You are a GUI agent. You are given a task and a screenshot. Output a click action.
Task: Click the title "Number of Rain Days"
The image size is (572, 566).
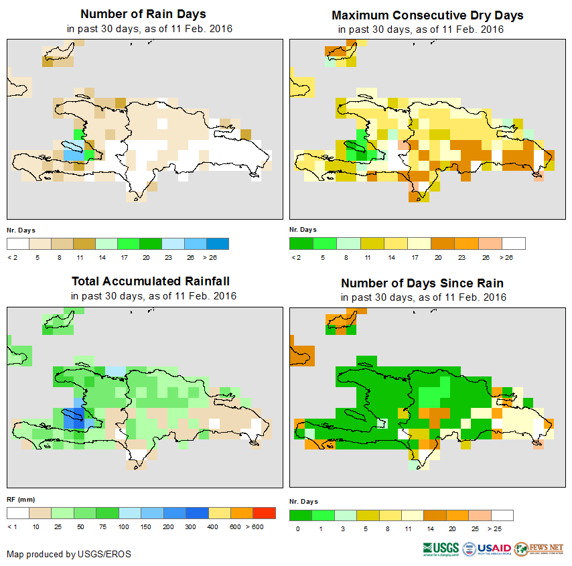(143, 14)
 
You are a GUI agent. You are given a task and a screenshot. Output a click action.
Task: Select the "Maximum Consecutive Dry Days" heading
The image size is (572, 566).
(427, 15)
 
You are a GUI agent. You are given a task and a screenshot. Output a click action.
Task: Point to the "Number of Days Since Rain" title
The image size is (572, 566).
(422, 283)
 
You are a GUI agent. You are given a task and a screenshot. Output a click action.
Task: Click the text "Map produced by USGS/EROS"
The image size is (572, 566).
(69, 554)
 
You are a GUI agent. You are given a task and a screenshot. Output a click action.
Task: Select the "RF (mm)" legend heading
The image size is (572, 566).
(21, 499)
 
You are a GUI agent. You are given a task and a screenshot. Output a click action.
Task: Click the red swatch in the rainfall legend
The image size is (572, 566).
(265, 513)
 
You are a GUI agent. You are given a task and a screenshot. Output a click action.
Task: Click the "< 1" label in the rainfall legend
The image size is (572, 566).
(12, 527)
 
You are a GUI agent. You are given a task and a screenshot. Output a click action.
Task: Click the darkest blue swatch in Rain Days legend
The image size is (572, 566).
(217, 243)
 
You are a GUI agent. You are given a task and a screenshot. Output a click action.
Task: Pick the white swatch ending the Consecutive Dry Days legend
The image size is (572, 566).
(514, 243)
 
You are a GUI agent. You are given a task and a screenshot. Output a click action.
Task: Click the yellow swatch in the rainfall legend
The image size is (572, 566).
(220, 513)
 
